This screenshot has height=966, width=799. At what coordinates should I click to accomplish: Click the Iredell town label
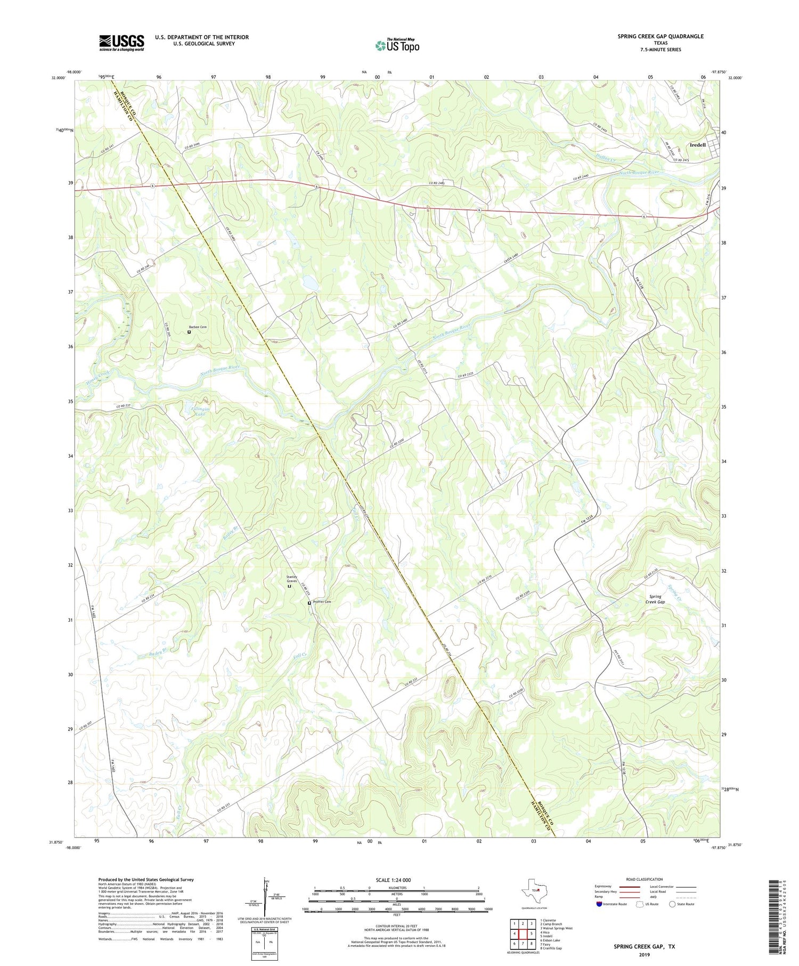697,145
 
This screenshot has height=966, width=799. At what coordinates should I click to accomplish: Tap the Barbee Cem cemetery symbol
189,332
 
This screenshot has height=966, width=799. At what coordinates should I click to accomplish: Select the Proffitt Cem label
322,602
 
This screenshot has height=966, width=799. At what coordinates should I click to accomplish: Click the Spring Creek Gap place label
655,599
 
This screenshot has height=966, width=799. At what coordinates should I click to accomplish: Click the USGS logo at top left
121,43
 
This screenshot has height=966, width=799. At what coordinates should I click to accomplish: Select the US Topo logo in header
397,45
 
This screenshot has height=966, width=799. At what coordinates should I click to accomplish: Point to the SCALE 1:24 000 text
393,880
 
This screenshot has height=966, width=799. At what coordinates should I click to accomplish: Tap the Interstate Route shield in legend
599,904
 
